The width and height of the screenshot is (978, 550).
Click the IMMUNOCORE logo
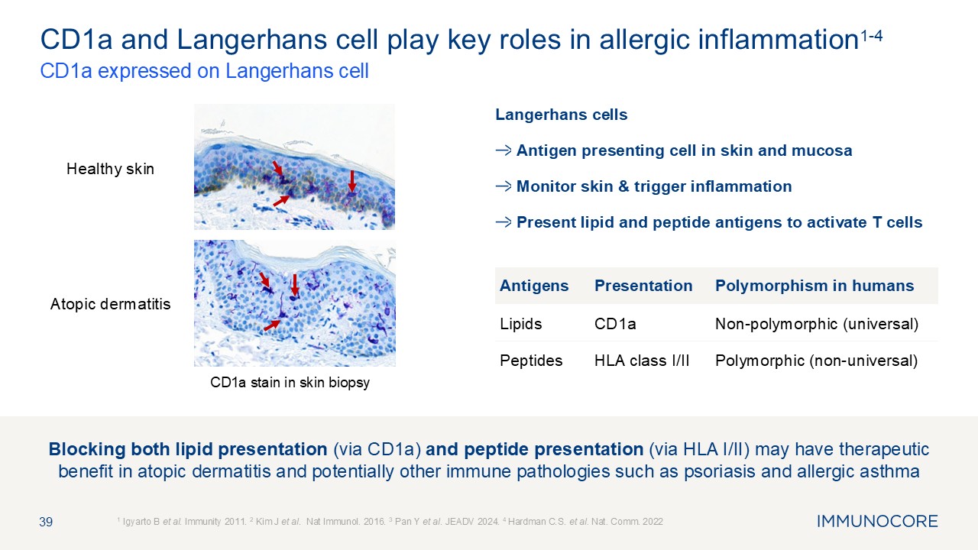coord(877,521)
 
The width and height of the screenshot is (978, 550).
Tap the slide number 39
coord(46,522)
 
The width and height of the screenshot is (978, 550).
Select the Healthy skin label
coord(111,169)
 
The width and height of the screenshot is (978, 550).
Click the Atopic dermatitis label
coord(111,304)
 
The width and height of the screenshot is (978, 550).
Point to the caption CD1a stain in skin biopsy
coord(290,383)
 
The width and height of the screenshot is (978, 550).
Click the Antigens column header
coord(534,286)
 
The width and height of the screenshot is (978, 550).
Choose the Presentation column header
coord(643,286)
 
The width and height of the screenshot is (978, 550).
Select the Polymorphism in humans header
coord(814,286)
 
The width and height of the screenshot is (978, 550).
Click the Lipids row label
coord(521,324)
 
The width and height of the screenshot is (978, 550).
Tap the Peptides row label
coord(531,361)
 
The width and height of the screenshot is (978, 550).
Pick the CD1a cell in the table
coord(615,324)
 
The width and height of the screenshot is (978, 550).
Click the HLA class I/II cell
coord(642,361)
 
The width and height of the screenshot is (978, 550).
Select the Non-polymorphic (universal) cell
coord(817,324)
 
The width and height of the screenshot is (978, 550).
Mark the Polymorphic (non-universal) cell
coord(817,361)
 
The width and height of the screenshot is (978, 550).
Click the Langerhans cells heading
coord(561,115)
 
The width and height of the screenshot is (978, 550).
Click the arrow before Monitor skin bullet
coord(504,186)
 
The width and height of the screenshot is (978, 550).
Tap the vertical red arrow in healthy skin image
coord(352,181)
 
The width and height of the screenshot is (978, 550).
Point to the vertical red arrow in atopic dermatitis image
coord(295,285)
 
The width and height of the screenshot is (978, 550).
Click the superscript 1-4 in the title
coord(871,35)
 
